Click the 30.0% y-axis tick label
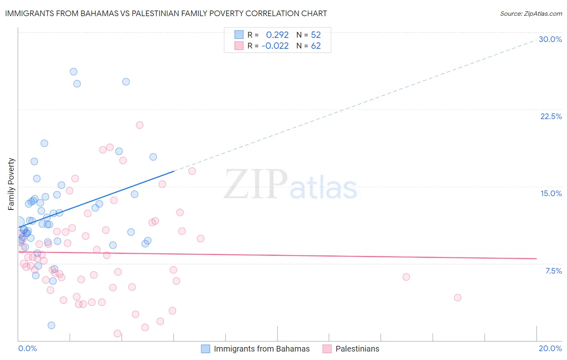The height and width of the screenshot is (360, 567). pos(550,39)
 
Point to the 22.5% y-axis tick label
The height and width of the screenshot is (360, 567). pos(551,116)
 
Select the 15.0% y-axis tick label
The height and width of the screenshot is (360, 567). pos(551,193)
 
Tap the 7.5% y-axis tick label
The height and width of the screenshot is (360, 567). pos(553,271)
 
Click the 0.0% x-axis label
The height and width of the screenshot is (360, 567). pos(27,348)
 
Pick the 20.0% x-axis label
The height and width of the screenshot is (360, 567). pos(550,348)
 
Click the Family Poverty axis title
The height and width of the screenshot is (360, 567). pos(11,184)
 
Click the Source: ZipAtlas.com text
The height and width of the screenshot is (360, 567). pos(531,13)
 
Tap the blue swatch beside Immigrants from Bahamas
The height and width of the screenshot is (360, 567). pos(206,349)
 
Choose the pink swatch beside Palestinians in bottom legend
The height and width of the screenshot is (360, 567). pos(327,349)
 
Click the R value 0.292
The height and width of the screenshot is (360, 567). pos(277,35)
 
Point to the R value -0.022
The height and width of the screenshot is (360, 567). pos(275,46)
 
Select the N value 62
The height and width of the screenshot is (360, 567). pos(316,46)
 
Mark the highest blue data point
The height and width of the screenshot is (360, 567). pos(73,71)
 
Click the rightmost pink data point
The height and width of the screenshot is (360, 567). pos(457,297)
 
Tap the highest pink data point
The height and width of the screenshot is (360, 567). pos(140,125)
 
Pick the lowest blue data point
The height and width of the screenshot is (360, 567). pos(51,325)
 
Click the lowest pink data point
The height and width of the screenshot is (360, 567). pos(117,333)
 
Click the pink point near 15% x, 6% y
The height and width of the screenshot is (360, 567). pos(406,277)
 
